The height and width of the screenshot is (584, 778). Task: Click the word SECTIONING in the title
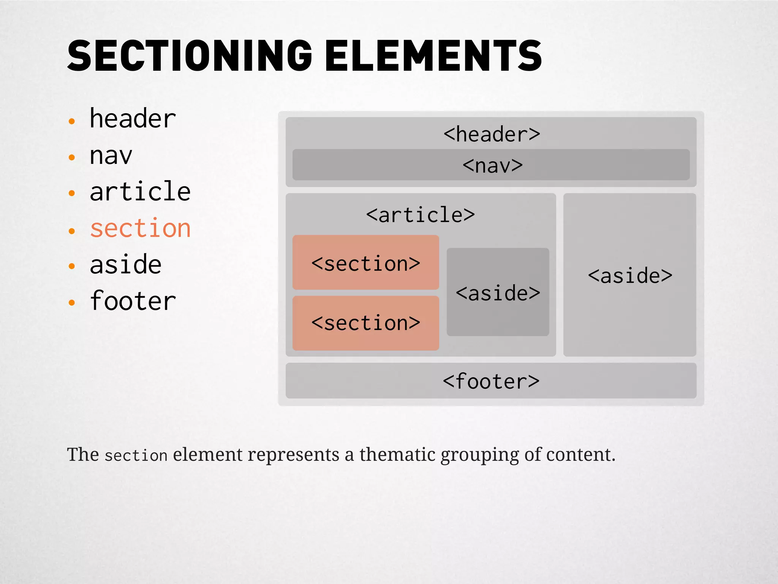(189, 56)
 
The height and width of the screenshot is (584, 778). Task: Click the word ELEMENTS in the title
(433, 56)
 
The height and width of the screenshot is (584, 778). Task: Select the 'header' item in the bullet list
(133, 119)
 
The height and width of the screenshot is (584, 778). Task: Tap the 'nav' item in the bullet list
(111, 156)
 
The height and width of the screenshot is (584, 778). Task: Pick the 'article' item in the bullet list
(140, 191)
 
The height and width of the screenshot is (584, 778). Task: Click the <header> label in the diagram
(492, 134)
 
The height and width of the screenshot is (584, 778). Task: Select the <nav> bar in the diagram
(491, 165)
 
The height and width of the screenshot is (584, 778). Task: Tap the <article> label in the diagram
(420, 215)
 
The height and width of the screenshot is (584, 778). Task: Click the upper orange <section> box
(365, 263)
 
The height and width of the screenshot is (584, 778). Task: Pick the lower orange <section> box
(365, 323)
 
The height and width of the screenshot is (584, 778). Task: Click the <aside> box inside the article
(498, 292)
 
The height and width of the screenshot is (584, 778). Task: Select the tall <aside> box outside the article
(629, 275)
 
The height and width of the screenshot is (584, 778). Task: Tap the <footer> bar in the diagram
(491, 381)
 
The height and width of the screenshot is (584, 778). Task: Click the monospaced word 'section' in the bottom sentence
(136, 455)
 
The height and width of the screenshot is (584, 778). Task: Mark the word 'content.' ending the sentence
(580, 454)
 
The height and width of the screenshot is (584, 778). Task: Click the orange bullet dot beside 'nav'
(72, 157)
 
